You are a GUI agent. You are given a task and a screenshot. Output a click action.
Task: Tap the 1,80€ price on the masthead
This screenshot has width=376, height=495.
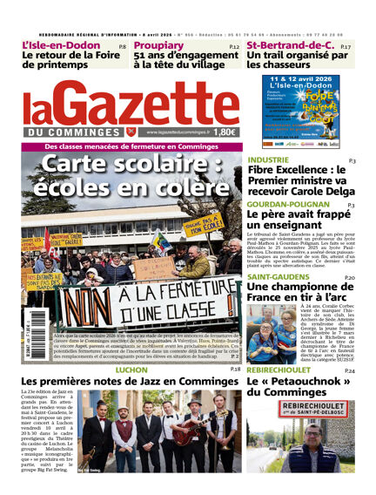pyautogui.click(x=224, y=132)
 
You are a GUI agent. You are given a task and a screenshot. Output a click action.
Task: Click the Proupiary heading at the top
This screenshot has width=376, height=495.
pyautogui.click(x=158, y=45)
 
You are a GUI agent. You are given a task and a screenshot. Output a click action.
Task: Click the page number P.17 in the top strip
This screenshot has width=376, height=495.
pyautogui.click(x=346, y=46)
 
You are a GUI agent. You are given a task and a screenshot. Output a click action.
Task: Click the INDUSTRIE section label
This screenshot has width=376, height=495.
pyautogui.click(x=268, y=160)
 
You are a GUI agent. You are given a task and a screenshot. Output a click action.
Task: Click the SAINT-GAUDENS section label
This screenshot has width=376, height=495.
pyautogui.click(x=278, y=277)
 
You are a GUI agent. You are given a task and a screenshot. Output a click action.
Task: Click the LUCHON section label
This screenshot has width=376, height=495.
pyautogui.click(x=131, y=370)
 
